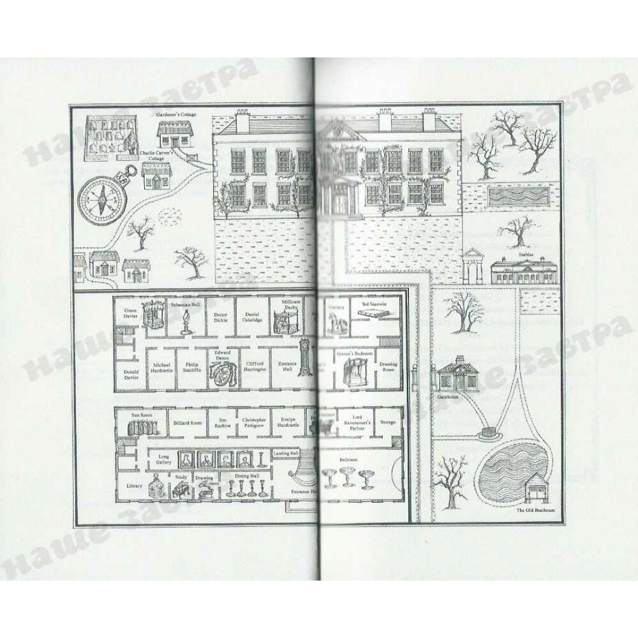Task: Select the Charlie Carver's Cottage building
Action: (x=156, y=175)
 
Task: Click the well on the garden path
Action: (x=489, y=432)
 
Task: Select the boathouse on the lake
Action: (x=534, y=486)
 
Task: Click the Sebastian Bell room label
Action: (x=186, y=306)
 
